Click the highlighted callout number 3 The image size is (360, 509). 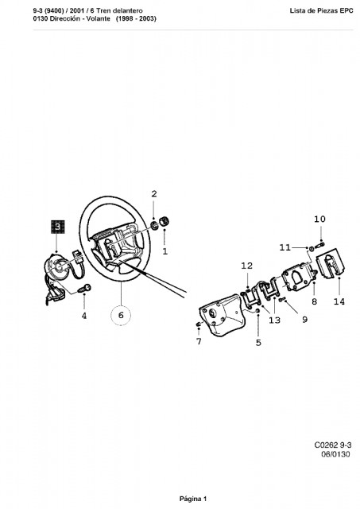(57, 227)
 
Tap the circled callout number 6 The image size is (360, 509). (121, 315)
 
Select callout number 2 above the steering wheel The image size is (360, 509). (154, 194)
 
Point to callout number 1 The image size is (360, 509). (165, 251)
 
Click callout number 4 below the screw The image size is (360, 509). (84, 315)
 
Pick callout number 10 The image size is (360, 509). (319, 220)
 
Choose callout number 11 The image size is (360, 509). (285, 247)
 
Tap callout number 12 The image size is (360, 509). (247, 266)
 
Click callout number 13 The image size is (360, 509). (274, 320)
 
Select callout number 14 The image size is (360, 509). (339, 301)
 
